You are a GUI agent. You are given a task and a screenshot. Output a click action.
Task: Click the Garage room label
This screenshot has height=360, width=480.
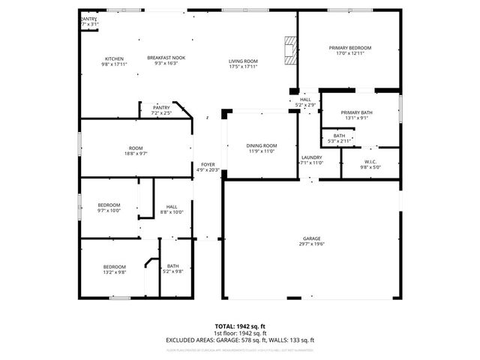point(311,238)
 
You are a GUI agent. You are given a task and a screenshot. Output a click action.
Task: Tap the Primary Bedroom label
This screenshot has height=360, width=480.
point(350,48)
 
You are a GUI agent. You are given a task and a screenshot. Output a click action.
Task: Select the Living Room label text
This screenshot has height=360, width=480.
point(243,61)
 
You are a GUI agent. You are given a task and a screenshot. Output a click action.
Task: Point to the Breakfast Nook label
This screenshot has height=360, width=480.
point(166,58)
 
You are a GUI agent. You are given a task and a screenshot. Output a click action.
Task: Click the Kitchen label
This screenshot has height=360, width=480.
point(114,58)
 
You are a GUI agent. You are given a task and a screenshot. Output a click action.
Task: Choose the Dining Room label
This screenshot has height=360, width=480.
point(262,145)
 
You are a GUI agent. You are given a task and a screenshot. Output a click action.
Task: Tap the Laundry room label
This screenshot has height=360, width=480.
point(311,157)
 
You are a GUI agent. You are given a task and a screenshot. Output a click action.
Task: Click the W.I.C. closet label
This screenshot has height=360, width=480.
point(370,162)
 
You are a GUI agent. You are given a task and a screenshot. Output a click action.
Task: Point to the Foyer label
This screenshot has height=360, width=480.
point(208,164)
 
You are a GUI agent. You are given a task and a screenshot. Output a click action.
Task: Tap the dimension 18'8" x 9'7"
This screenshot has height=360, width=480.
point(136,154)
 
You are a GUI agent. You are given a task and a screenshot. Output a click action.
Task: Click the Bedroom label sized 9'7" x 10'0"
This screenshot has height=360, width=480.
point(109,205)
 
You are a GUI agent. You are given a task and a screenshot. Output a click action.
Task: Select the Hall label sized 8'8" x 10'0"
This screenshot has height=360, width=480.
point(172,206)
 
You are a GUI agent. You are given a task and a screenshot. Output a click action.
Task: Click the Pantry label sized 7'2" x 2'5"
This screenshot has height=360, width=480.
point(161,107)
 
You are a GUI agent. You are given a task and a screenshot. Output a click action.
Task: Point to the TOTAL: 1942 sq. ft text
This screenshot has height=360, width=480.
point(240,326)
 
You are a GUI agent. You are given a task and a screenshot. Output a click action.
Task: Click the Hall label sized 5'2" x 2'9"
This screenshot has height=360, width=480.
point(305,100)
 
